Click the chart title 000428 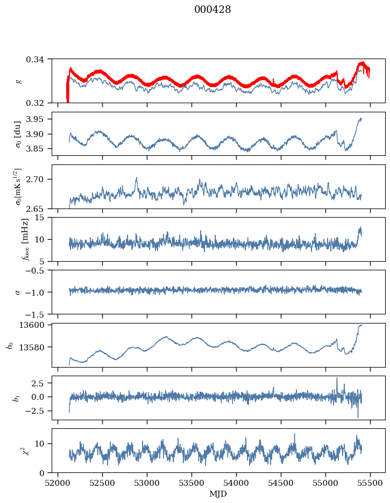coord(212,10)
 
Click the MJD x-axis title coord(218,494)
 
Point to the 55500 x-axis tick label coord(370,483)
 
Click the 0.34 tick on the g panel coord(38,59)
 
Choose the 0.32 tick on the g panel coord(38,103)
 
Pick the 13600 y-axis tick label coord(34,325)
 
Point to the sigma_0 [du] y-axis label coord(18,134)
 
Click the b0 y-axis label coord(10,345)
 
